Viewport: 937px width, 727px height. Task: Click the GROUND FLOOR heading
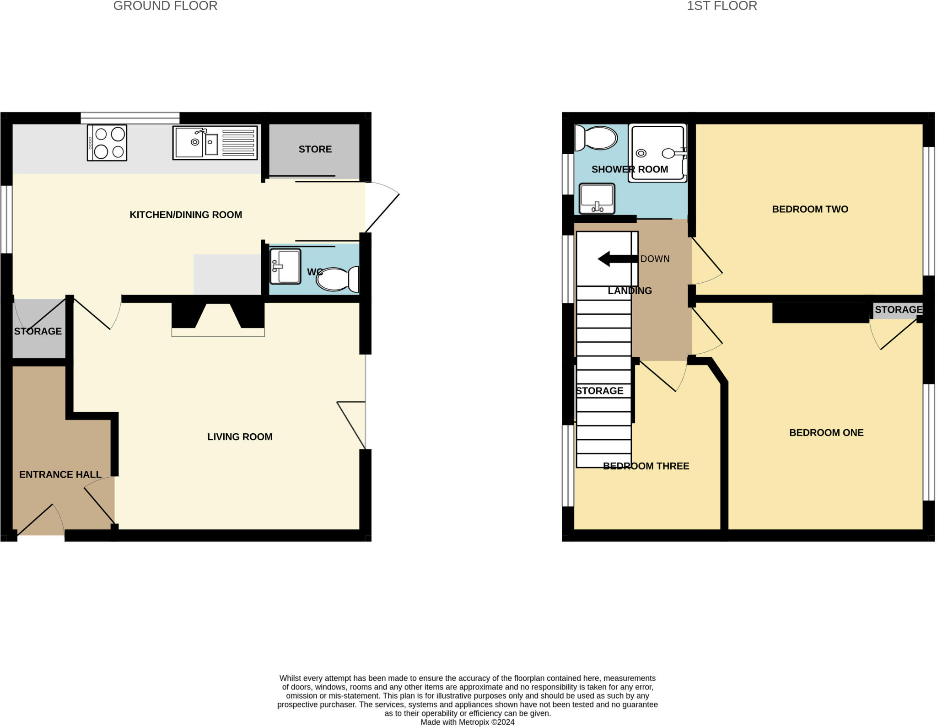point(165,6)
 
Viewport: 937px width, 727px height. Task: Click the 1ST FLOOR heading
point(722,6)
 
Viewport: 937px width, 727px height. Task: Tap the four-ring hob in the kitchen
point(107,143)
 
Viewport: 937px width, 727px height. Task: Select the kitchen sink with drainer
point(215,143)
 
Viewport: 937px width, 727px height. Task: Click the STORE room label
point(315,149)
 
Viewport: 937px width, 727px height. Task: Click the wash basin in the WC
point(285,266)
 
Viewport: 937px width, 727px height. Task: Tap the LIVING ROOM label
point(240,437)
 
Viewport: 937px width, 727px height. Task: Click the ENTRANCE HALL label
point(60,474)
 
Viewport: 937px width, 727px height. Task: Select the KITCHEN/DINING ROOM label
point(186,215)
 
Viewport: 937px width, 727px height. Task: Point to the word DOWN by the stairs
point(655,259)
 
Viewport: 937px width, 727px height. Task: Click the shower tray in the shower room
point(657,153)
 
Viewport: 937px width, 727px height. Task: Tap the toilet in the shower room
point(596,138)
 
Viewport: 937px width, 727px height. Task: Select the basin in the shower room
point(597,199)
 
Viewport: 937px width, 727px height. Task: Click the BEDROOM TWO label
point(810,209)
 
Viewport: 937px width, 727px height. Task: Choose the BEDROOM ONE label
point(826,432)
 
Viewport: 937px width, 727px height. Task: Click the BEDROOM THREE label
point(646,466)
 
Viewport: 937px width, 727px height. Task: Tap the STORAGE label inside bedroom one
point(898,310)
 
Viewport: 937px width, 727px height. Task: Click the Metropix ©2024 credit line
point(467,722)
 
